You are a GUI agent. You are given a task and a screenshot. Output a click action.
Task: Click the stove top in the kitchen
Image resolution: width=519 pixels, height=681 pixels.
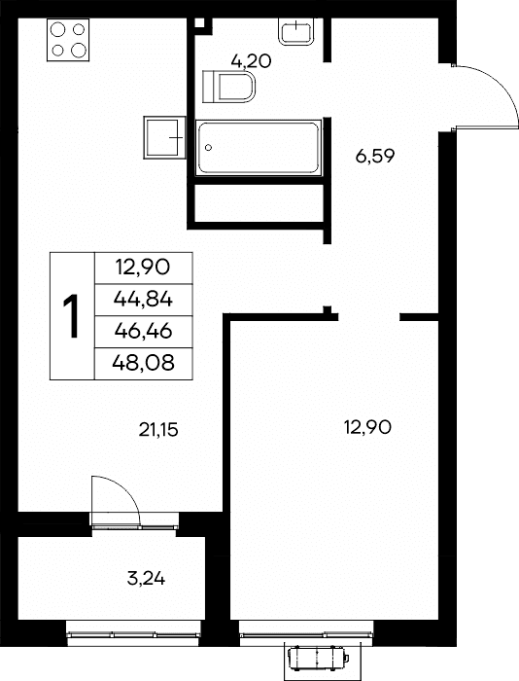tap(68, 40)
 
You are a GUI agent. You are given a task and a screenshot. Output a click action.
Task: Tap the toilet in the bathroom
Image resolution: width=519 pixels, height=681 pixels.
tap(228, 86)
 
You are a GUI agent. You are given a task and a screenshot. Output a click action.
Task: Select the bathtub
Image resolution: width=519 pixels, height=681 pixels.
tap(259, 148)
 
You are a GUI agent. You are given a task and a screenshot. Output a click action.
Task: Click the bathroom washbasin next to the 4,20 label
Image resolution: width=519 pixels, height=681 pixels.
tap(296, 31)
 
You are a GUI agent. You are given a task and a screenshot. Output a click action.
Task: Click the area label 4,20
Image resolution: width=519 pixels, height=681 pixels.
tap(252, 61)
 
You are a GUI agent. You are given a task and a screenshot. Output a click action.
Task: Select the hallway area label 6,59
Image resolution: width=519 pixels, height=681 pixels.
tap(375, 156)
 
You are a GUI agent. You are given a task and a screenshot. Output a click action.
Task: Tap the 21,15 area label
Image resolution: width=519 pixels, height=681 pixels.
tap(158, 430)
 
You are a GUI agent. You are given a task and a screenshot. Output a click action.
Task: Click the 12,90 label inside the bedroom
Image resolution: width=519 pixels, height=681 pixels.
tap(367, 427)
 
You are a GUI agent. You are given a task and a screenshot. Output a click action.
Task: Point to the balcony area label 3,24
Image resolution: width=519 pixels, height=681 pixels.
tap(146, 579)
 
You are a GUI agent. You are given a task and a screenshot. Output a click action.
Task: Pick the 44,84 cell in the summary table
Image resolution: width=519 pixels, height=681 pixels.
tap(143, 300)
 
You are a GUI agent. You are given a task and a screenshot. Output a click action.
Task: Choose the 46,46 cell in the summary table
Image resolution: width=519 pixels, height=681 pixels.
tap(143, 332)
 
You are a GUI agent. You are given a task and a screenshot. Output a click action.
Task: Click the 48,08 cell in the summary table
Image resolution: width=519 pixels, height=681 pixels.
tap(143, 363)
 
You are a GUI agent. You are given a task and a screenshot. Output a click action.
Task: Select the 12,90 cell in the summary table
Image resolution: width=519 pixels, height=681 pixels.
tap(143, 268)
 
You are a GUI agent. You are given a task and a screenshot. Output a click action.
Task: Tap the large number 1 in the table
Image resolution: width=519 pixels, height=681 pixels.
tap(72, 316)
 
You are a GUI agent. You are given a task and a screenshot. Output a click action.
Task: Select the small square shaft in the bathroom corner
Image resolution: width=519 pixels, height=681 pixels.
tap(199, 22)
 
